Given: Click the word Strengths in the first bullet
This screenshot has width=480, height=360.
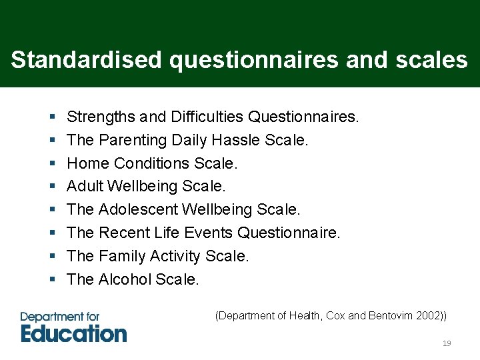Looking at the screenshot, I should (x=101, y=117).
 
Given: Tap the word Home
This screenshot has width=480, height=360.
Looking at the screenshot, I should (x=88, y=163).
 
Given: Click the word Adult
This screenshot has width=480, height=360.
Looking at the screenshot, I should (x=85, y=187).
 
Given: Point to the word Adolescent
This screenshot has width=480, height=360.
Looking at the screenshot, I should (x=138, y=209).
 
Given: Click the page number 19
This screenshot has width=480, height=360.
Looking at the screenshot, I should (x=447, y=343).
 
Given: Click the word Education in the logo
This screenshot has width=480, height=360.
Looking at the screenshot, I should (x=73, y=333).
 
